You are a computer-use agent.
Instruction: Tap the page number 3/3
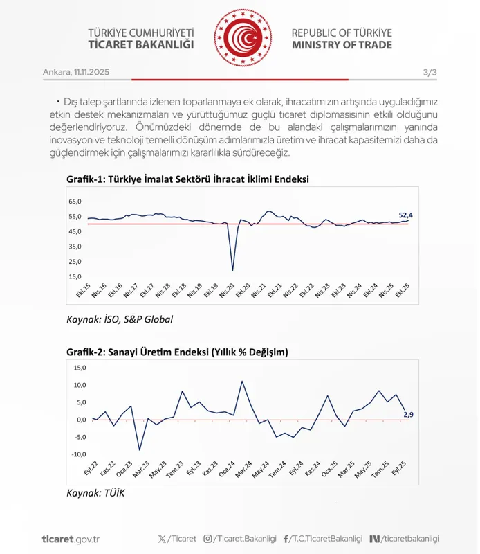[430, 72]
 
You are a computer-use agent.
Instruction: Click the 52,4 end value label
[411, 215]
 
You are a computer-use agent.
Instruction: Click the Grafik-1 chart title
[187, 179]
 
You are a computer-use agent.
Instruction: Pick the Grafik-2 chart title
[177, 352]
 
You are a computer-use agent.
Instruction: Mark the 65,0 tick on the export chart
[75, 202]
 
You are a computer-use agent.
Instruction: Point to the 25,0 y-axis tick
[75, 261]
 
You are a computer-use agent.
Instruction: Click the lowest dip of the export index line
[232, 270]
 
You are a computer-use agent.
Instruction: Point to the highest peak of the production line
[242, 381]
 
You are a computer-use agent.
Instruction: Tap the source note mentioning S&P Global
[120, 319]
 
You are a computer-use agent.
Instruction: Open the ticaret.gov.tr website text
[71, 539]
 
